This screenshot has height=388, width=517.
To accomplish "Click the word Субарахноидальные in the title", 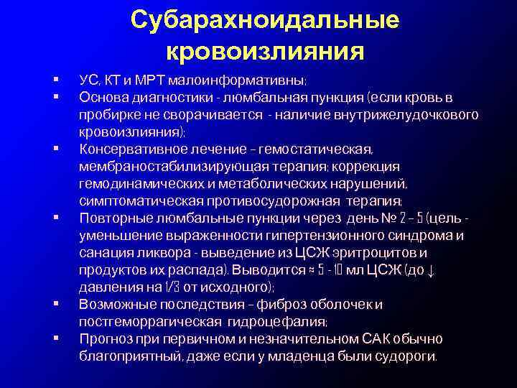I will [265, 19].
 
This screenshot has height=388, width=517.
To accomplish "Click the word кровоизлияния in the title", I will [265, 51].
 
